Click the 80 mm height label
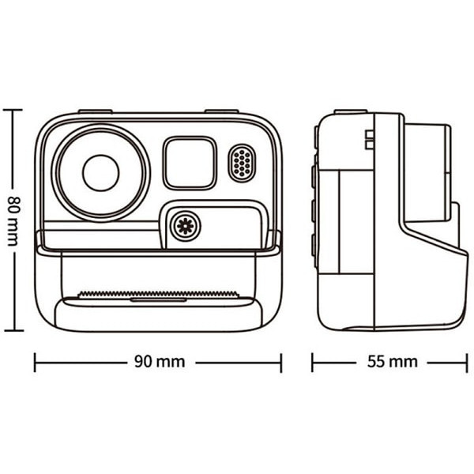click(13, 221)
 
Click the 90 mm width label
click(160, 362)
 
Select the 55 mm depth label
click(393, 362)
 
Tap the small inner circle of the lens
click(101, 173)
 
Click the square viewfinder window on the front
click(190, 164)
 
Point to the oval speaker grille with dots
click(242, 164)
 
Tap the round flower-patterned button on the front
click(186, 226)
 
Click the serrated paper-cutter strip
click(159, 294)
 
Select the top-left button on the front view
click(96, 111)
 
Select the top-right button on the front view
click(221, 111)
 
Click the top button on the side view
click(351, 111)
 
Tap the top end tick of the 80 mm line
click(13, 110)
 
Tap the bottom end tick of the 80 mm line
click(13, 330)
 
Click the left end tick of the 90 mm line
click(35, 362)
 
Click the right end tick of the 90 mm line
click(281, 363)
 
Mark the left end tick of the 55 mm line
click(313, 362)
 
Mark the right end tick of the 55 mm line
click(467, 363)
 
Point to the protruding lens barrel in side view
click(427, 172)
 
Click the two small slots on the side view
click(369, 140)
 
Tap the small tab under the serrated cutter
click(159, 300)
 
